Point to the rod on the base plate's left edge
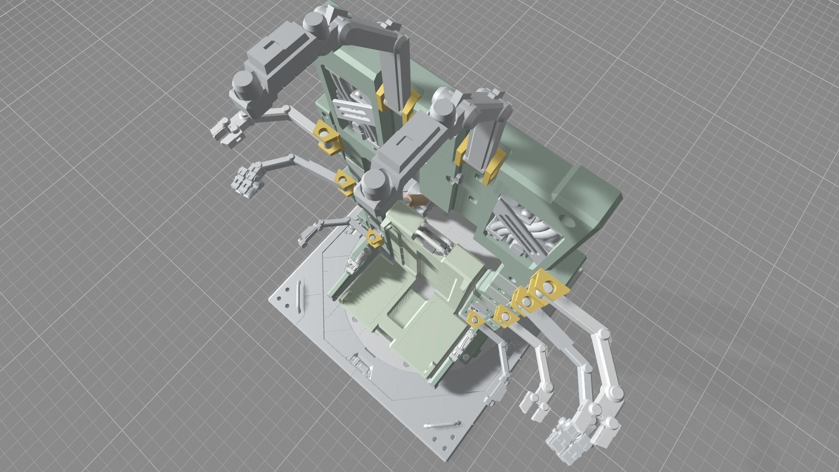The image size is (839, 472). (x=299, y=297)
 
